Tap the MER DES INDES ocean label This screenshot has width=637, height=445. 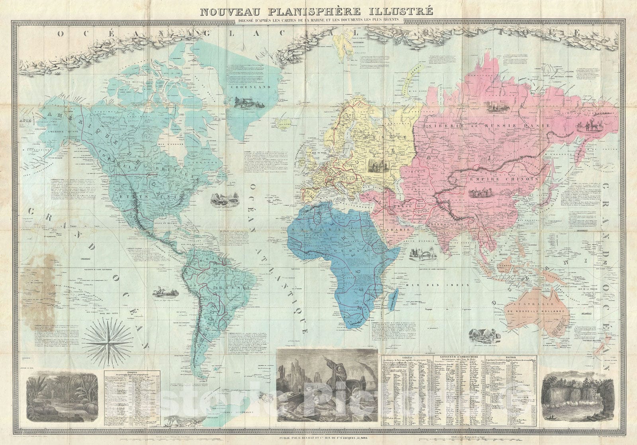click(423, 285)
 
